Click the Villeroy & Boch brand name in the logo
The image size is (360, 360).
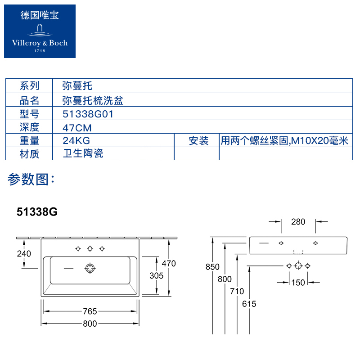click(40, 43)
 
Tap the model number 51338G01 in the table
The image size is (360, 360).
click(88, 114)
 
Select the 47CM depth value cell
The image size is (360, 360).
click(77, 127)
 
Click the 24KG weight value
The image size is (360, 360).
click(76, 141)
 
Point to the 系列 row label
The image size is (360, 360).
click(30, 85)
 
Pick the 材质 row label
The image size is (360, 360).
click(30, 154)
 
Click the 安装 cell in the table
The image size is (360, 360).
click(198, 141)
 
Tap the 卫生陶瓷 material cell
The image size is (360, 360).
click(84, 153)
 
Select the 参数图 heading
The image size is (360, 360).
click(31, 180)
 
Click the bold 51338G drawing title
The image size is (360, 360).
click(37, 211)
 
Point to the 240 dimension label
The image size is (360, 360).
click(23, 254)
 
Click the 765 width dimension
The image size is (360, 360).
click(90, 311)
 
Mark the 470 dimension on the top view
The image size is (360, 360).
click(169, 264)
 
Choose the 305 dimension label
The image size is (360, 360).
click(156, 276)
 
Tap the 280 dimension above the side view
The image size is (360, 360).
click(298, 221)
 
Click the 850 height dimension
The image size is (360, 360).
click(212, 267)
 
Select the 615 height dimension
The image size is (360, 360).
click(249, 304)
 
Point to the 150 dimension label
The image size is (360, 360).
click(298, 283)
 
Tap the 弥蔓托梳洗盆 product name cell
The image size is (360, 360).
click(93, 100)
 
